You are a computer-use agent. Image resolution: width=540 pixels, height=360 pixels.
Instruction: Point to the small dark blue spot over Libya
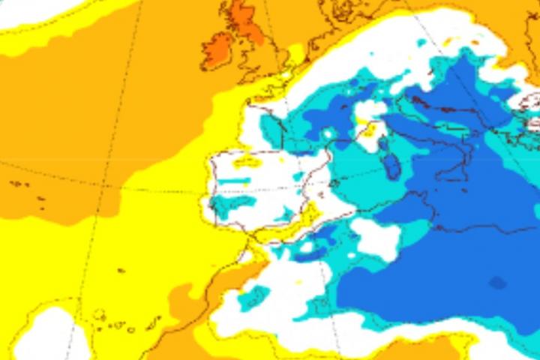(497, 283)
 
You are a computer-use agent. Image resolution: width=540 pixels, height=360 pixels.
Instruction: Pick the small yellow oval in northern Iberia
(247, 160)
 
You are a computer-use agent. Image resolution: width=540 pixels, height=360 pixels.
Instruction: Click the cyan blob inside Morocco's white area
(254, 296)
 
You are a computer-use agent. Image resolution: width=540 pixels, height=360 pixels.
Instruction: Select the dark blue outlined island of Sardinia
(391, 166)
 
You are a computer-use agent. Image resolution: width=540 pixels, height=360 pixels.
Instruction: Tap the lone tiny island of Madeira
(121, 271)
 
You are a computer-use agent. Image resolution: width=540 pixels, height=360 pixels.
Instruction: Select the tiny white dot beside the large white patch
(307, 246)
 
